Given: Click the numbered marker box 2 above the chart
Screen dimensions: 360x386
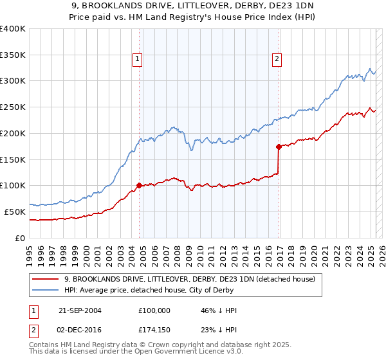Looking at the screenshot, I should [x=277, y=60].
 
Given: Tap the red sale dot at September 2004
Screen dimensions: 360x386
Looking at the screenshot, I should [x=139, y=185].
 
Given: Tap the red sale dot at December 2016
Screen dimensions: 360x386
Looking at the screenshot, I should [x=279, y=147].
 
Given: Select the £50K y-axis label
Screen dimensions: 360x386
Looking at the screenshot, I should [x=15, y=212].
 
